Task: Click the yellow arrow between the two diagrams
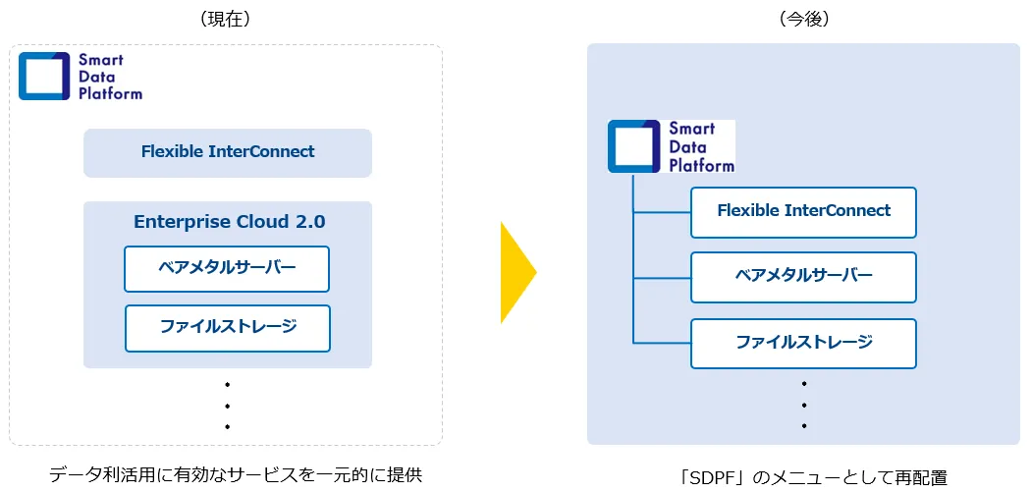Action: pyautogui.click(x=515, y=272)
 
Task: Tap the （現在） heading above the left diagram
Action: pyautogui.click(x=227, y=20)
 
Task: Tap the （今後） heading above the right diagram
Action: pyautogui.click(x=803, y=20)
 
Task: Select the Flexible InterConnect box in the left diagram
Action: pyautogui.click(x=228, y=152)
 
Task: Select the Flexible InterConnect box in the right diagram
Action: pyautogui.click(x=803, y=211)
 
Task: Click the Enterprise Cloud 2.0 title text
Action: pyautogui.click(x=229, y=222)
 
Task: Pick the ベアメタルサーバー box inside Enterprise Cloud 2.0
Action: pyautogui.click(x=227, y=268)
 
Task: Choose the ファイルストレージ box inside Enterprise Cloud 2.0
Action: pyautogui.click(x=228, y=327)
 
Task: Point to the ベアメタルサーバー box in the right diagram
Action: pyautogui.click(x=803, y=276)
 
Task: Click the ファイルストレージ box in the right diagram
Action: pyautogui.click(x=803, y=343)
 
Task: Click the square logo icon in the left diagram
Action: pyautogui.click(x=44, y=76)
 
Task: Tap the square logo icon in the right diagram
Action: pyautogui.click(x=633, y=146)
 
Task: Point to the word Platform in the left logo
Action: pyautogui.click(x=111, y=94)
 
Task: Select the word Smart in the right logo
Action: pyautogui.click(x=692, y=129)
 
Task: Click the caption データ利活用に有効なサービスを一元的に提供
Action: pyautogui.click(x=236, y=475)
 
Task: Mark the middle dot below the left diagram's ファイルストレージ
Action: pyautogui.click(x=227, y=406)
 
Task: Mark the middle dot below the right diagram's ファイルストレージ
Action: pyautogui.click(x=804, y=405)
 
